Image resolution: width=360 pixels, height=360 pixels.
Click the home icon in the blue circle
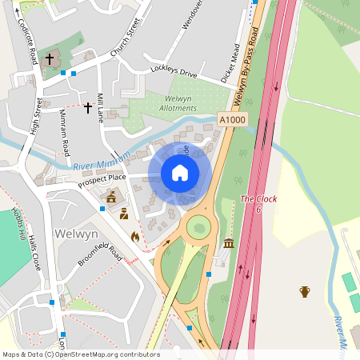(180, 172)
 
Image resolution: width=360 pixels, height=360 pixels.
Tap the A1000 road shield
(232, 119)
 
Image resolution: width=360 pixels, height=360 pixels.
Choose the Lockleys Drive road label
(173, 73)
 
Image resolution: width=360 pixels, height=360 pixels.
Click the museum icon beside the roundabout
(229, 243)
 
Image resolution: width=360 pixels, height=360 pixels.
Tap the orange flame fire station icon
(134, 237)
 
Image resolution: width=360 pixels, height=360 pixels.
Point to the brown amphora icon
(305, 291)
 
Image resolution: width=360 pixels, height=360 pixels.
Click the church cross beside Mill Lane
(87, 106)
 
